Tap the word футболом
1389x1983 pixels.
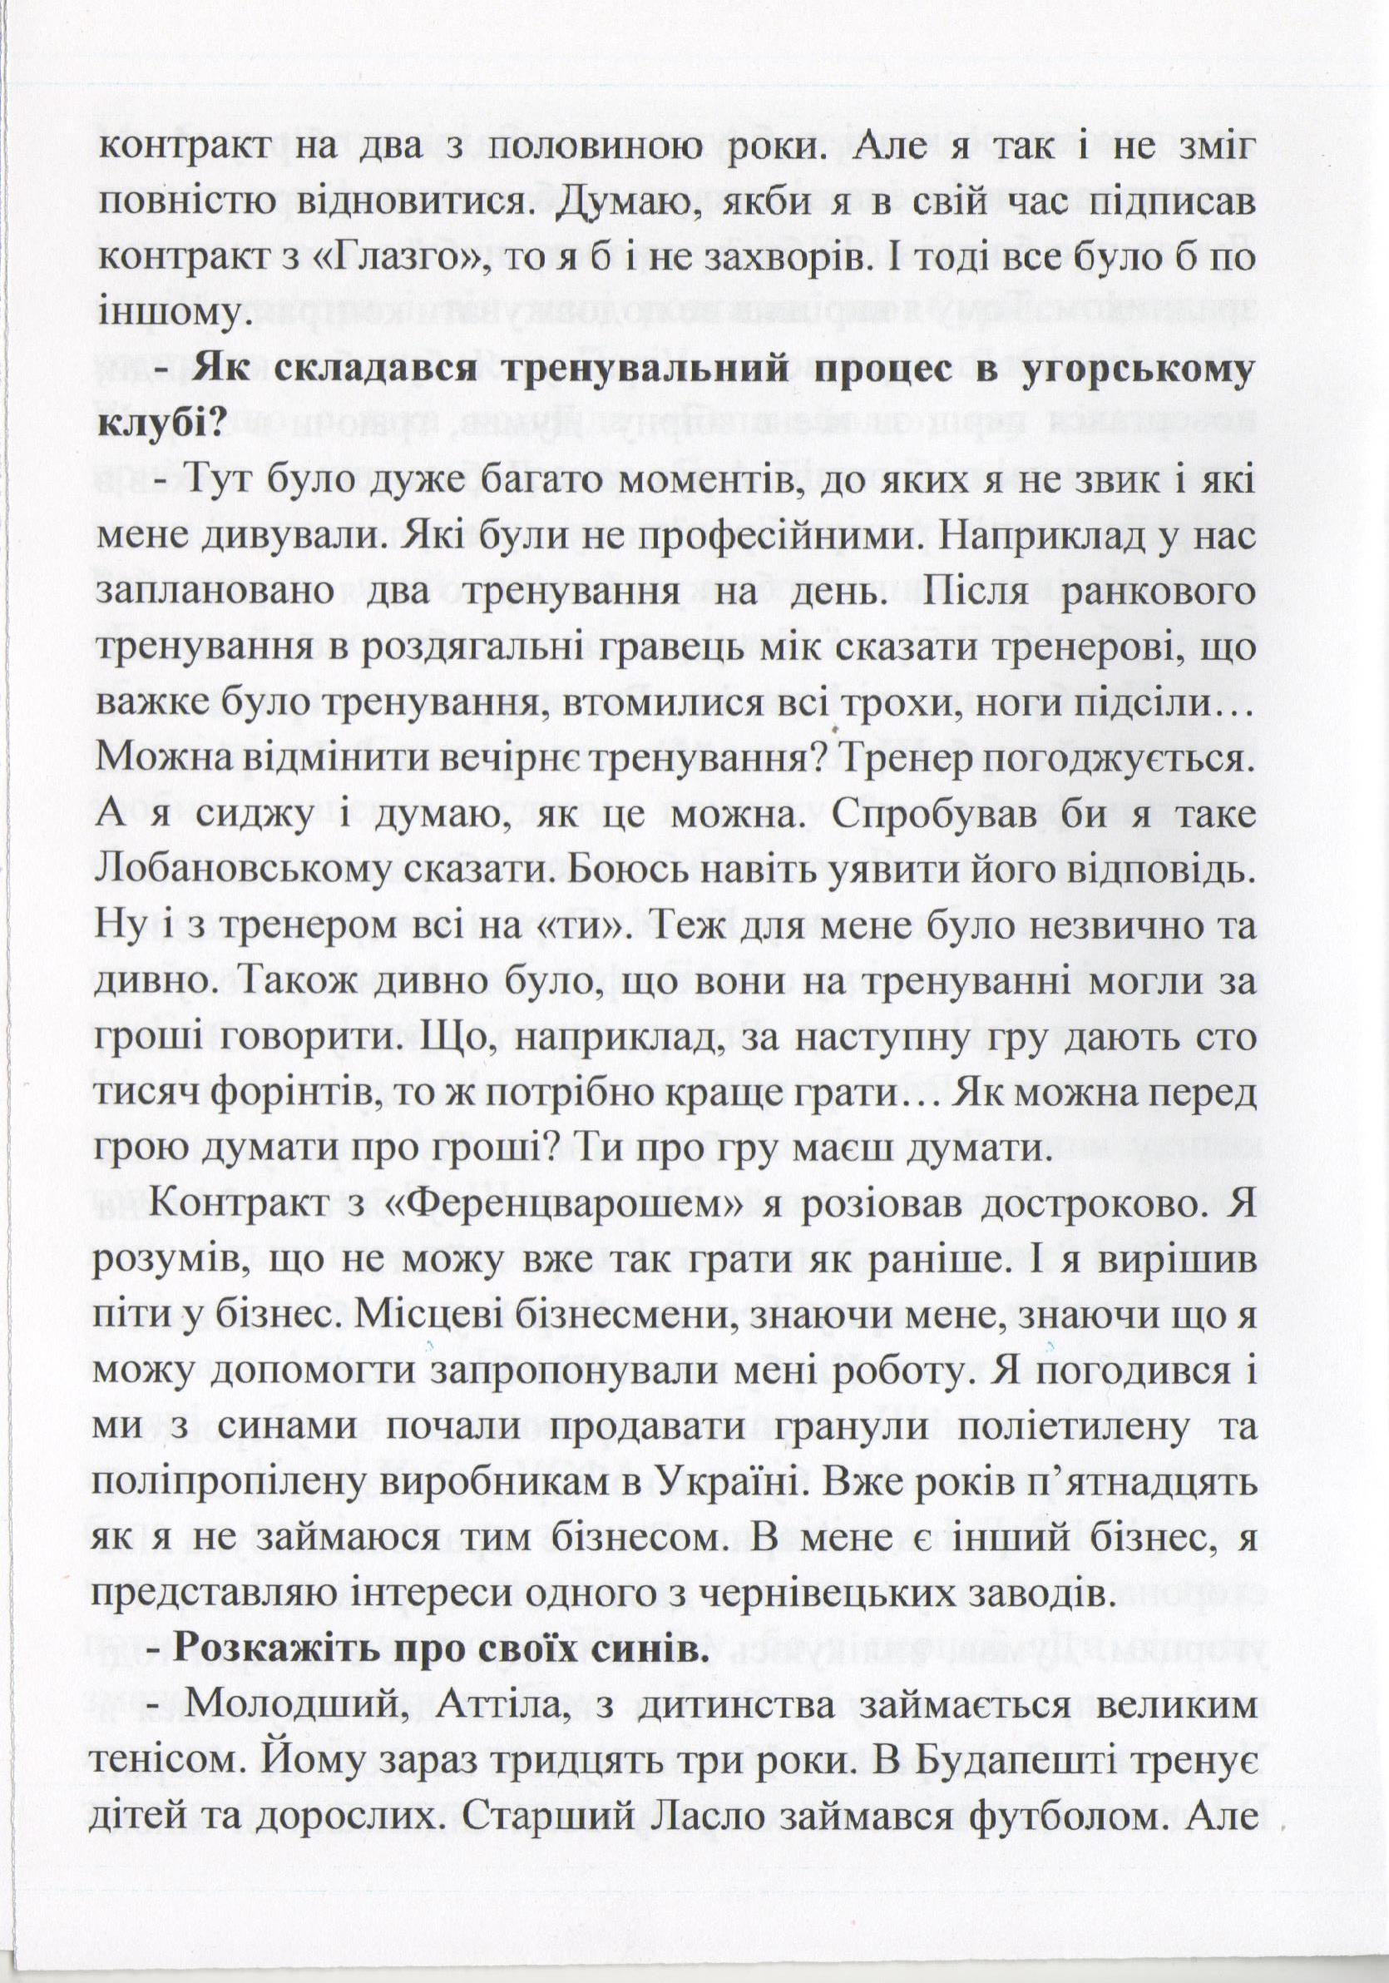tap(1072, 1820)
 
